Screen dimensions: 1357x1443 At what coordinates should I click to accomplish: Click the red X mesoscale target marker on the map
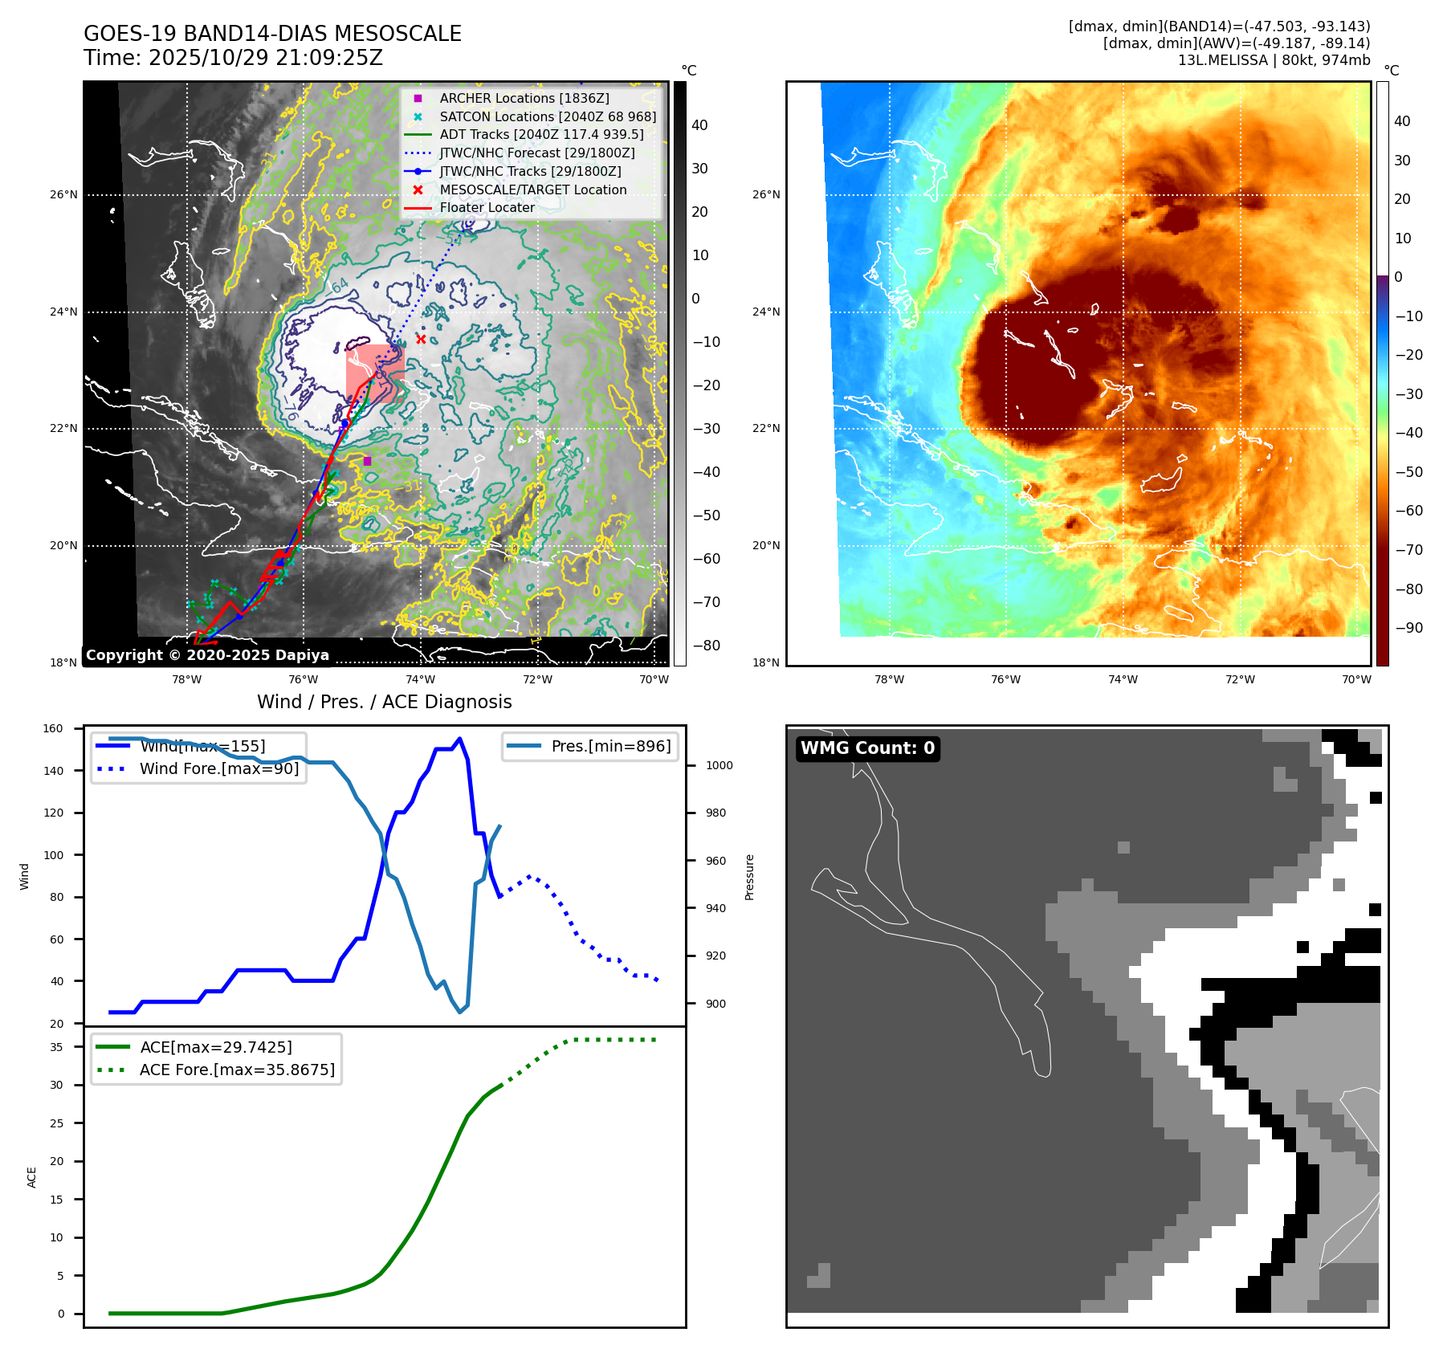[421, 339]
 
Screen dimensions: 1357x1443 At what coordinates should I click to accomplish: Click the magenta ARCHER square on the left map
[367, 461]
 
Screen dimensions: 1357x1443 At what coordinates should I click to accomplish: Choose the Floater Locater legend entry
[487, 207]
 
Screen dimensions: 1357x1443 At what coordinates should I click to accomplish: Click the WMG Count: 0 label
[867, 748]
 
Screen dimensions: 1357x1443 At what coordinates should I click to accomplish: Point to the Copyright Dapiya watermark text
[207, 655]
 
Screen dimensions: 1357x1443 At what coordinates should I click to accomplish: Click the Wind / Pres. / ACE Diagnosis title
[384, 702]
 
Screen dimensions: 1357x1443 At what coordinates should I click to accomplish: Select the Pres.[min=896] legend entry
[610, 746]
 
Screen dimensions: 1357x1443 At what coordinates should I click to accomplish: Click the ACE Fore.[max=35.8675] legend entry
[237, 1070]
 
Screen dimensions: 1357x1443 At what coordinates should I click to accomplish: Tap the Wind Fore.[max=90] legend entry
[218, 768]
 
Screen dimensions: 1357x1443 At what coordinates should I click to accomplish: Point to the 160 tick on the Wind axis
[53, 729]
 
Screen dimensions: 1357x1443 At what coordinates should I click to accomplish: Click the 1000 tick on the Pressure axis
[719, 765]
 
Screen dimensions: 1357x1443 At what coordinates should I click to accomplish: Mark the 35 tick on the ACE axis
[56, 1047]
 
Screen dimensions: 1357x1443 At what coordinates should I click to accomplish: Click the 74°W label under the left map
[421, 679]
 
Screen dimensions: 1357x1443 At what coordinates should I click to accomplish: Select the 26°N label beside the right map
[766, 194]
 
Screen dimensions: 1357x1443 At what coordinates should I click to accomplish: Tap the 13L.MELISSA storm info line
[1274, 60]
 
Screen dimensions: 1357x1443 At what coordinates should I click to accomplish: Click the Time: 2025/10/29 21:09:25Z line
[233, 58]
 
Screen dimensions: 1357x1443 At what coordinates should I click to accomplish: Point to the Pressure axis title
[749, 877]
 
